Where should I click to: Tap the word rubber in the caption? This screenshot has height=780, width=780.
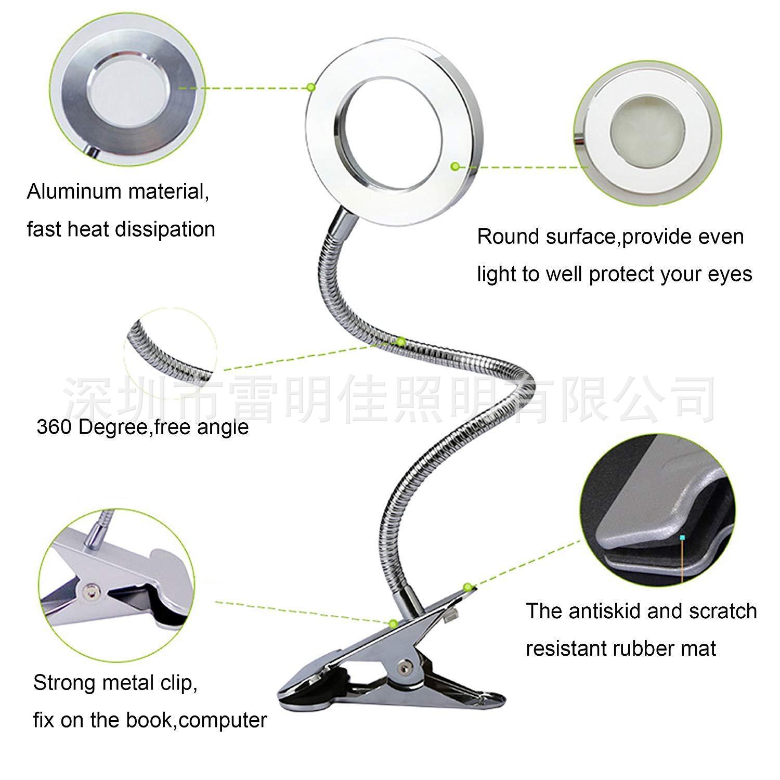click(x=641, y=648)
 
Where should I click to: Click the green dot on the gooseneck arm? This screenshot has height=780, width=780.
click(x=401, y=342)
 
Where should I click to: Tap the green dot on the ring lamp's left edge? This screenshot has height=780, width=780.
click(x=310, y=87)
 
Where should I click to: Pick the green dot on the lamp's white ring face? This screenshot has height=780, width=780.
click(x=455, y=166)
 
